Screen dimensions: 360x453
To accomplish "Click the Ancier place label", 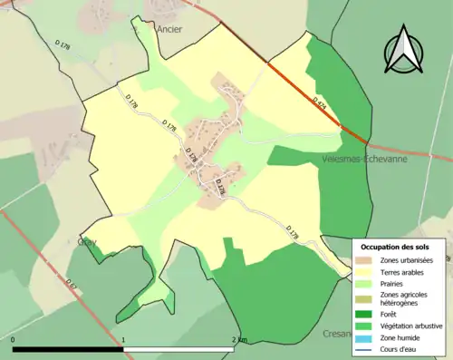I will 169,29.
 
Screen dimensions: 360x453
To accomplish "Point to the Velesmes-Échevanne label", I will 364,158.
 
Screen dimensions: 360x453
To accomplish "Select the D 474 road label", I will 320,102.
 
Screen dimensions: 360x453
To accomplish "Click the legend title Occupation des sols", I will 395,247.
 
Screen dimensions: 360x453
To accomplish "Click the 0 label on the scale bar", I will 13,340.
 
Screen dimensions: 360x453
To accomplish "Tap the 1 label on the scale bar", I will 123,340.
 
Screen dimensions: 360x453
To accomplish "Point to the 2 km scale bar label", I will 238,340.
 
